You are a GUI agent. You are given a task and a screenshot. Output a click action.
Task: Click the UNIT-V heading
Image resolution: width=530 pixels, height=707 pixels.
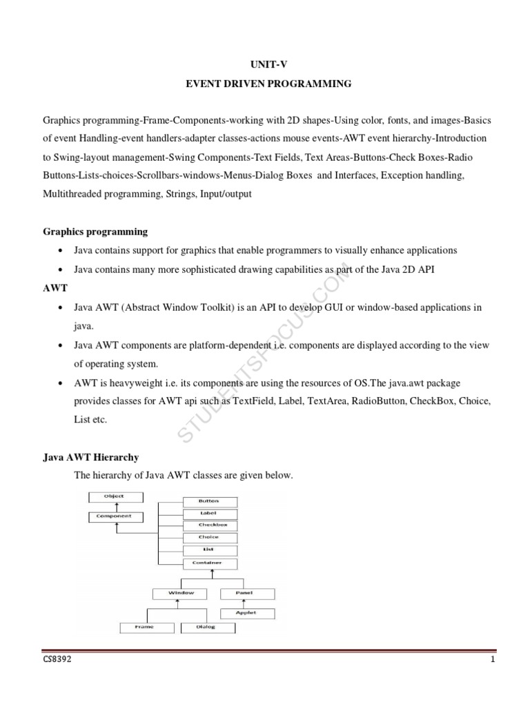(x=264, y=64)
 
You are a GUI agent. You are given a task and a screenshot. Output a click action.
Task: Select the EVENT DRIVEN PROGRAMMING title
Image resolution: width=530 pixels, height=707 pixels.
(x=264, y=84)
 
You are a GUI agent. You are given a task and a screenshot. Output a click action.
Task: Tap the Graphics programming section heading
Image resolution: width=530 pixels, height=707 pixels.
(x=95, y=231)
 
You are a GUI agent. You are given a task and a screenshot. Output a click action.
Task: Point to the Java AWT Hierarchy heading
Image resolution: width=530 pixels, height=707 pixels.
(x=90, y=457)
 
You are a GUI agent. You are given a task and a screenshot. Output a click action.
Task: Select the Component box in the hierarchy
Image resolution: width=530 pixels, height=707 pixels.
(x=115, y=516)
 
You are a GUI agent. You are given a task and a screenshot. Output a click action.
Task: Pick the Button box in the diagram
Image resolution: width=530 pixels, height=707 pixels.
(x=209, y=501)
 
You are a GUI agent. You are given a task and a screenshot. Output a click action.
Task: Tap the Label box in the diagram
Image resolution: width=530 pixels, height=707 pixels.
(x=209, y=514)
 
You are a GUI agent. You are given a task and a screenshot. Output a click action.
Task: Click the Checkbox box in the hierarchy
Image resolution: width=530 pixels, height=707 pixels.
(x=209, y=525)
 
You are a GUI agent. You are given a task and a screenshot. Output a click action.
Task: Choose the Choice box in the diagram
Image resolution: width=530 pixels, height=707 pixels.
(x=209, y=537)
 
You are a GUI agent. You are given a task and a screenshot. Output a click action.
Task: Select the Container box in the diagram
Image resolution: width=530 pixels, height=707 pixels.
(x=209, y=563)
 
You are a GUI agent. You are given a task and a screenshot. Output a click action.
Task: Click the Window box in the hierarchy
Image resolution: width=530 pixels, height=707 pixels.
(x=182, y=593)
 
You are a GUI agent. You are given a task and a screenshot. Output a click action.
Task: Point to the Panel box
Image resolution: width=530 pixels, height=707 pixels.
(x=247, y=593)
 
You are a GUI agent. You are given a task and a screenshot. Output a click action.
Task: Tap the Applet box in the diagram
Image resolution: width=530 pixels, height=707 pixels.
(x=247, y=612)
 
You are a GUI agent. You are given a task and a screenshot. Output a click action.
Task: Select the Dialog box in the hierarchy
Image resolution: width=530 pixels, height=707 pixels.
(x=209, y=628)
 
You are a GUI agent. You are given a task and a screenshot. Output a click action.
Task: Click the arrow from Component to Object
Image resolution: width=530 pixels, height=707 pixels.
(x=115, y=506)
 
